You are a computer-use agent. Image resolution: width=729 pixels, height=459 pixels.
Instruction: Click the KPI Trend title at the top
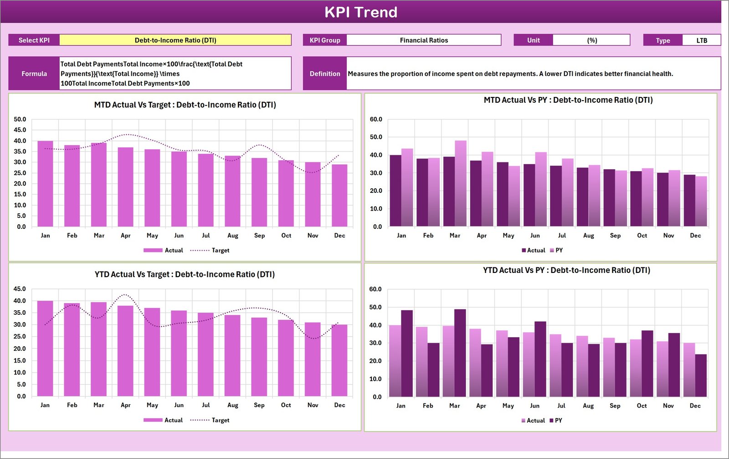[x=360, y=12]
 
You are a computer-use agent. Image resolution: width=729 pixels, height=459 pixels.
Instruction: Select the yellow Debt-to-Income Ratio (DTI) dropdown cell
[x=175, y=40]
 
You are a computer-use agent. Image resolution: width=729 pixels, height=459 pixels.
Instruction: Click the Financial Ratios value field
[x=424, y=40]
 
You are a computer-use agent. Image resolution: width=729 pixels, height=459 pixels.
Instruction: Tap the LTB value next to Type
[x=701, y=40]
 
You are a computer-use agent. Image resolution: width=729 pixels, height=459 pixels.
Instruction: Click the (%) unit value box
[x=591, y=40]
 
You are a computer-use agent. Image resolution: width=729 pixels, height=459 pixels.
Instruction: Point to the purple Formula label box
[x=34, y=73]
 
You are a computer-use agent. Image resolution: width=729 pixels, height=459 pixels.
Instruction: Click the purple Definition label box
[x=325, y=73]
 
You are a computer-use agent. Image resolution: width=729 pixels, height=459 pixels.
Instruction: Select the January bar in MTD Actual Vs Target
[x=45, y=184]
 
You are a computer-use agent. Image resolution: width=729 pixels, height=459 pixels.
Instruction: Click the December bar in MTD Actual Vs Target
[x=339, y=196]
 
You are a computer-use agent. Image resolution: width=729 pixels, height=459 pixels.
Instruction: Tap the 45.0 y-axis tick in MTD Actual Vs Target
[x=20, y=130]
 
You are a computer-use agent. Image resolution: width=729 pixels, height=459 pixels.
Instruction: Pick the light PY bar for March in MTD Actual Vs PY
[x=461, y=184]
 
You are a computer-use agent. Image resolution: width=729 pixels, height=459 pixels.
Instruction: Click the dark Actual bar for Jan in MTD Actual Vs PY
[x=395, y=191]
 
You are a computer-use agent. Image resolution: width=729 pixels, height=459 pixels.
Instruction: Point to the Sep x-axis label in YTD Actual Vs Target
[x=259, y=405]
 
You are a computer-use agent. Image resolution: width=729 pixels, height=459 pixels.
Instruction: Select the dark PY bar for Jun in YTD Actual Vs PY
[x=540, y=359]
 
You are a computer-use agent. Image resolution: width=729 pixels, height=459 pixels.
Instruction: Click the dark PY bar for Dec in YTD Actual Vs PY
[x=701, y=376]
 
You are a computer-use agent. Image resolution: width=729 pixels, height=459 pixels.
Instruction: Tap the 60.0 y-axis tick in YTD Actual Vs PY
[x=375, y=289]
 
